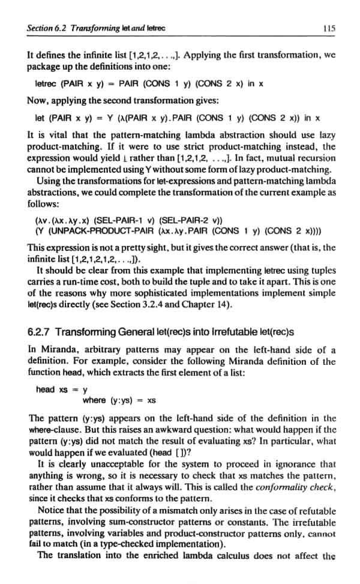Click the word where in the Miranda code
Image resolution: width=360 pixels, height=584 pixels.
click(x=95, y=400)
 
